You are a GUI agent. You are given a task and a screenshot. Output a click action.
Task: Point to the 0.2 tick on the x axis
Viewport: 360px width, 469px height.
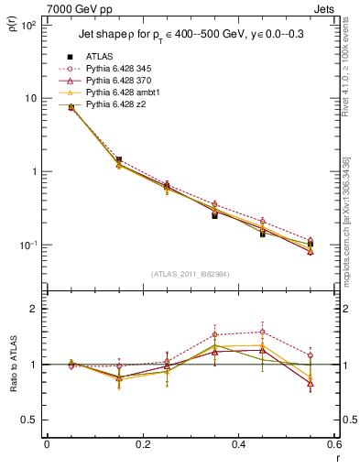tap(142, 447)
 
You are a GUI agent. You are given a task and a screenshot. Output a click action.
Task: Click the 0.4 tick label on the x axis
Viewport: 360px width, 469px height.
tap(238, 447)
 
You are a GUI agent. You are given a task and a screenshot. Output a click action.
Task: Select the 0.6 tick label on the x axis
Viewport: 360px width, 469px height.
tap(333, 447)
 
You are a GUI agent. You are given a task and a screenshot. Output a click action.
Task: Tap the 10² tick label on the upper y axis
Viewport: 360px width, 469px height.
tap(29, 25)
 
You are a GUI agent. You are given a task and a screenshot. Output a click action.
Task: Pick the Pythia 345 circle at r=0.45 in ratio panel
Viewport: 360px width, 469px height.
tap(262, 332)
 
